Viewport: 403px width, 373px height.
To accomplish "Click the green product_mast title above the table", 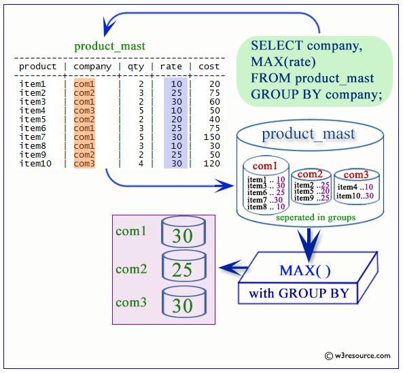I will coord(109,47).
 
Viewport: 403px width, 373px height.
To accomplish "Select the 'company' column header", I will coord(92,67).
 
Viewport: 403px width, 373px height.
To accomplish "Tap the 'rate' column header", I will coord(171,67).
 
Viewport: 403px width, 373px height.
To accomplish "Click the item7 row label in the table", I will coord(33,137).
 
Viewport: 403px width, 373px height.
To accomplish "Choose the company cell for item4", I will coord(84,111).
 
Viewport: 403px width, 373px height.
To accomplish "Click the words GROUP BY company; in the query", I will coord(316,94).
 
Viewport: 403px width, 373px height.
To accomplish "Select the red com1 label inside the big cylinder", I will coord(265,166).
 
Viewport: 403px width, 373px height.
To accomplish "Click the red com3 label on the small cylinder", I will coord(351,175).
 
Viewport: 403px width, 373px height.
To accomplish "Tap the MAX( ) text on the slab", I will coord(304,271).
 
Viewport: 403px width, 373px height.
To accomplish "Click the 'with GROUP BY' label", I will coord(298,294).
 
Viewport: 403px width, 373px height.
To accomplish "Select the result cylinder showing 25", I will coord(182,269).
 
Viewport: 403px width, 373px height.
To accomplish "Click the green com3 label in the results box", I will coord(131,302).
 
